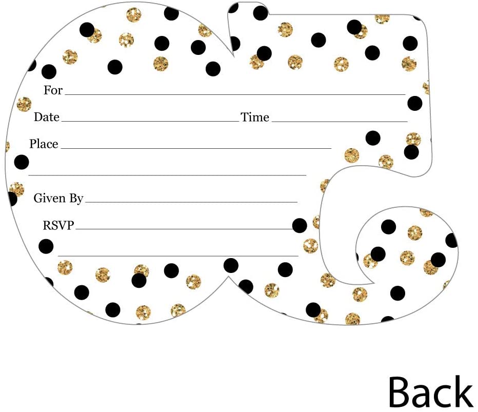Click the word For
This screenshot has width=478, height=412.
(x=53, y=90)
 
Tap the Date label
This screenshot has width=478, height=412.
(x=47, y=117)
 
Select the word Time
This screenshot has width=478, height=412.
(x=255, y=117)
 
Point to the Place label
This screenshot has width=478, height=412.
(x=44, y=144)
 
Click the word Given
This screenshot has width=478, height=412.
(x=49, y=198)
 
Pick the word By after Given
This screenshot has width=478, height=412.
(x=76, y=199)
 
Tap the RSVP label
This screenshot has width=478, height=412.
(x=58, y=225)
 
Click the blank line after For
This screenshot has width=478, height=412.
(x=235, y=95)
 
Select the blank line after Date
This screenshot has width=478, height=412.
(x=150, y=122)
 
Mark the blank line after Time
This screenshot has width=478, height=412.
(x=339, y=122)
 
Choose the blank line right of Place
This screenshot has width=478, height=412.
(x=196, y=148)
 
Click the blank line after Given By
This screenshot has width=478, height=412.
(x=191, y=202)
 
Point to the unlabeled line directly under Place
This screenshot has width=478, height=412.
(x=167, y=175)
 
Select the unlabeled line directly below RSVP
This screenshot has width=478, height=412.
(x=177, y=256)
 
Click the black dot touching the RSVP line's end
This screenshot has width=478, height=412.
(x=300, y=225)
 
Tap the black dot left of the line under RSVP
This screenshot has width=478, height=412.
(x=46, y=246)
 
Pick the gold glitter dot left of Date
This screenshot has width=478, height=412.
(x=24, y=104)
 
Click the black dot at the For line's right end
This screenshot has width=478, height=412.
(x=415, y=103)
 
